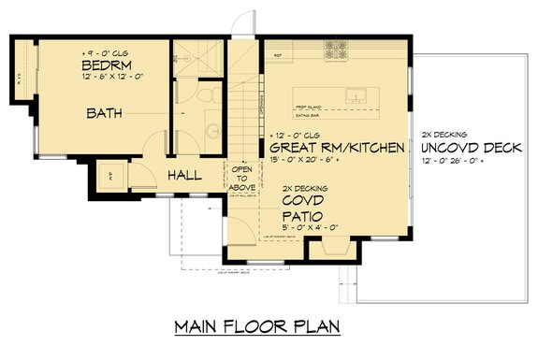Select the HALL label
(187, 175)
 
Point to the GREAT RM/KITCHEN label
(337, 148)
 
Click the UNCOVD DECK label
(466, 148)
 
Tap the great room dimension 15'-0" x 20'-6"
(309, 160)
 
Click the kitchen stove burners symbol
(335, 47)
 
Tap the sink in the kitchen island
(356, 94)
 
